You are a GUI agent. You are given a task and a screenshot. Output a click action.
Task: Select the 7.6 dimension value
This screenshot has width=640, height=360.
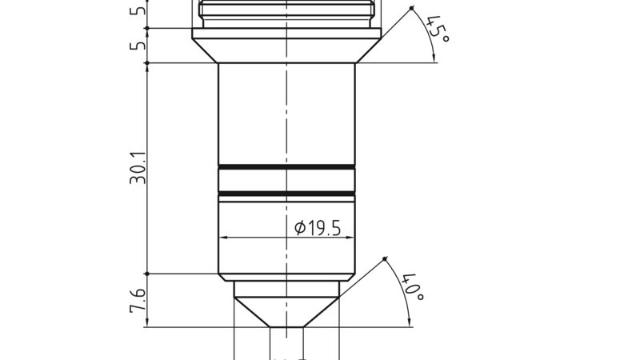pos(138,301)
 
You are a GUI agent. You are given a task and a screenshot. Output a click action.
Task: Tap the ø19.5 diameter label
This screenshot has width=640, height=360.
pos(318,228)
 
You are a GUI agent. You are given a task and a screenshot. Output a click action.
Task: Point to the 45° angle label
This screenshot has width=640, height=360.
pos(438,30)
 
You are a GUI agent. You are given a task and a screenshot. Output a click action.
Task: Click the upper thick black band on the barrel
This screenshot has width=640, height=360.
pos(286,166)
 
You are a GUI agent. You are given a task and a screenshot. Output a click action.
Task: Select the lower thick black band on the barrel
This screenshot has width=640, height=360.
pos(286,194)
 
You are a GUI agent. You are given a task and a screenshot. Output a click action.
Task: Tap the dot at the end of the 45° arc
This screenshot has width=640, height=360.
pos(412,9)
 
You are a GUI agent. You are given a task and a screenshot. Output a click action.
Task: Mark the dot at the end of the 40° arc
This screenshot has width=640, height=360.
pos(385,258)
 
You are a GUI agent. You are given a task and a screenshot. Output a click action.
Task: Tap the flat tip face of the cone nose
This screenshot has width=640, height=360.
pos(286,326)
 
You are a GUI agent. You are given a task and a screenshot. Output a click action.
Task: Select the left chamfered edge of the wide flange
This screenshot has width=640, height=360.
pos(206,51)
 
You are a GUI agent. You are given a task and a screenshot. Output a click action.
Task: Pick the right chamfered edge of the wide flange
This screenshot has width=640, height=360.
pos(368,51)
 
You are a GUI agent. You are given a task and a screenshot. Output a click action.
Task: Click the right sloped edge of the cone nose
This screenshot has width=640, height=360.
pos(322,312)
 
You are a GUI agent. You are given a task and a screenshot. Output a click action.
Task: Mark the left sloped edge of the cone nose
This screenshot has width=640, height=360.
pos(251,312)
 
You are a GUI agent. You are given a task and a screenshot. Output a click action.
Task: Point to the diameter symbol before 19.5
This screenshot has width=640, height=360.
pos(300,229)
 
